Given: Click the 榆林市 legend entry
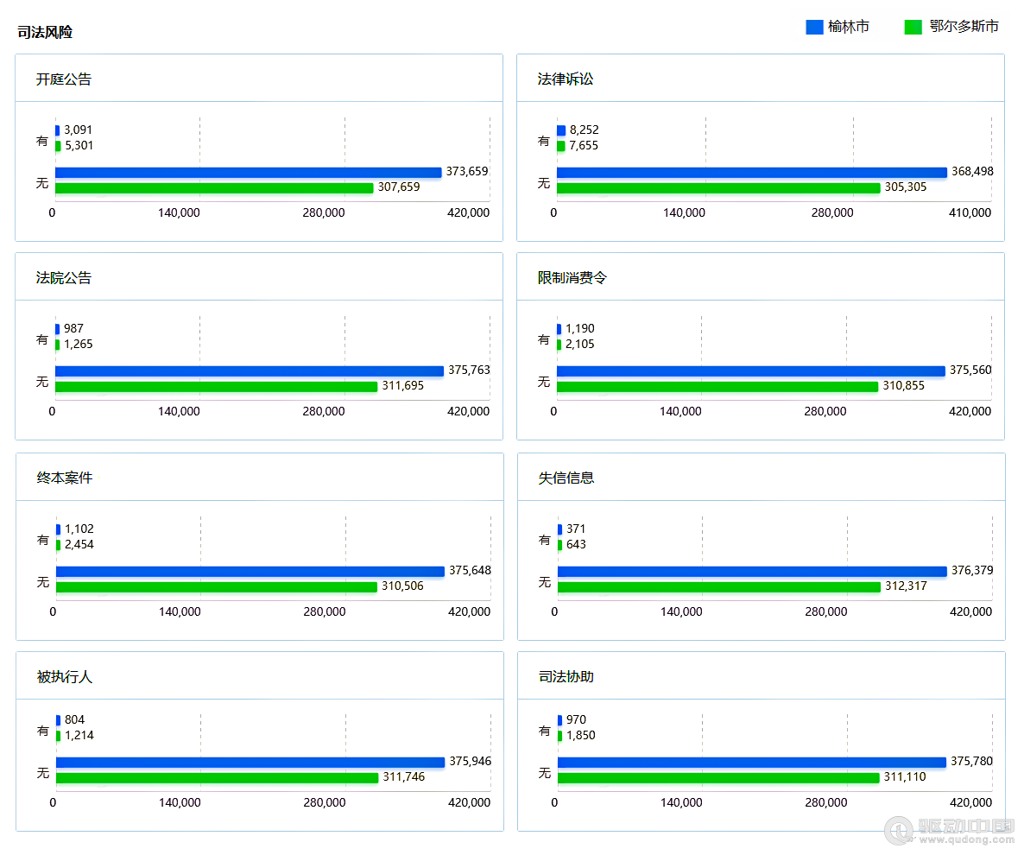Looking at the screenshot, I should (x=838, y=28).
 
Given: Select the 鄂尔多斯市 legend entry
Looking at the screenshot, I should (x=951, y=28).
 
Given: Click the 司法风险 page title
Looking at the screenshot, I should (x=45, y=33).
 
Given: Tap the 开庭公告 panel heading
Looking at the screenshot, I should (x=64, y=79).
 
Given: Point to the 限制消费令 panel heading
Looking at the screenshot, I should (x=572, y=278).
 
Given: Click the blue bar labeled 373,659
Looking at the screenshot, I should (x=249, y=173).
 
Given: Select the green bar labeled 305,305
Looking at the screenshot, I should (x=718, y=188).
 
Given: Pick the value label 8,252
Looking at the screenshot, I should (x=584, y=130).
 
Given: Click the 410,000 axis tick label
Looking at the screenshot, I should (x=970, y=212).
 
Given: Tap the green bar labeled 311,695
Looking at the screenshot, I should (x=217, y=387).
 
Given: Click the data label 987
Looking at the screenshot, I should (x=73, y=329).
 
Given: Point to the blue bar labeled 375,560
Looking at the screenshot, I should (x=751, y=371).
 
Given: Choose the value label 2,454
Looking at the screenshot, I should (x=79, y=545).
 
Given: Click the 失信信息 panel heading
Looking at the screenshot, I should (x=566, y=478).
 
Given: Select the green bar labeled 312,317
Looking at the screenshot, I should (x=719, y=587).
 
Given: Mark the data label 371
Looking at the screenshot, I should (x=576, y=529).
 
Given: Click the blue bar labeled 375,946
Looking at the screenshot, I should (x=250, y=763).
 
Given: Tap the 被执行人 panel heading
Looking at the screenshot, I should (x=65, y=677).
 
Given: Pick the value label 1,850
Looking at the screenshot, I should (x=581, y=736).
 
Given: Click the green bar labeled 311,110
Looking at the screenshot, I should (x=718, y=778).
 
